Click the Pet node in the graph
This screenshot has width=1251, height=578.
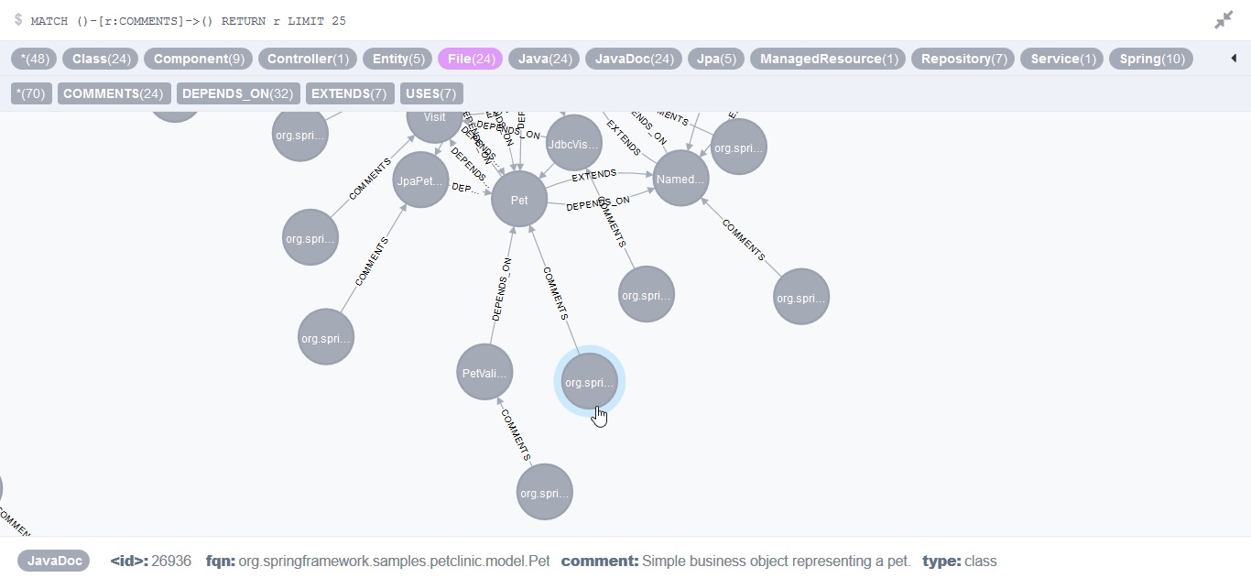(x=519, y=200)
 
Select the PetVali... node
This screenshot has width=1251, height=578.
(x=484, y=373)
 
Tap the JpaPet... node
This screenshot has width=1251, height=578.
(x=420, y=180)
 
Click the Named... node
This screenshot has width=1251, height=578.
(x=681, y=179)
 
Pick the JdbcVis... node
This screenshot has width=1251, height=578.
(x=573, y=144)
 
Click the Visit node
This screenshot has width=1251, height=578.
(x=434, y=118)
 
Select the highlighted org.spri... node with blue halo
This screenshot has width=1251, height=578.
(x=590, y=382)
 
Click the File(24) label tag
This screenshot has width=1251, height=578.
(x=471, y=59)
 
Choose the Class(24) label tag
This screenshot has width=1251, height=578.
(x=100, y=59)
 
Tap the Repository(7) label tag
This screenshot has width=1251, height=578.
(x=963, y=59)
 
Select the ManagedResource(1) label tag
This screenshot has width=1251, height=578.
(x=828, y=59)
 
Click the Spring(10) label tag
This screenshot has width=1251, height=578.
(x=1152, y=59)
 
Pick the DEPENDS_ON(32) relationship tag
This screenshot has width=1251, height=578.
(x=238, y=93)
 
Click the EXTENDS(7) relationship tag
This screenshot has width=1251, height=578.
(x=349, y=93)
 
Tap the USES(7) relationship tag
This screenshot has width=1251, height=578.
(x=430, y=93)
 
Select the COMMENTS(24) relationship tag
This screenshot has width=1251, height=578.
(x=114, y=93)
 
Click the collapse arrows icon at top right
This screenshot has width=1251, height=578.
(x=1224, y=20)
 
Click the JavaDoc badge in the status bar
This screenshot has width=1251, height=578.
(x=53, y=561)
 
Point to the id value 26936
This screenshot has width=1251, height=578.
(x=171, y=561)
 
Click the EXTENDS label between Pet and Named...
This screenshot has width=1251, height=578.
(x=593, y=174)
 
